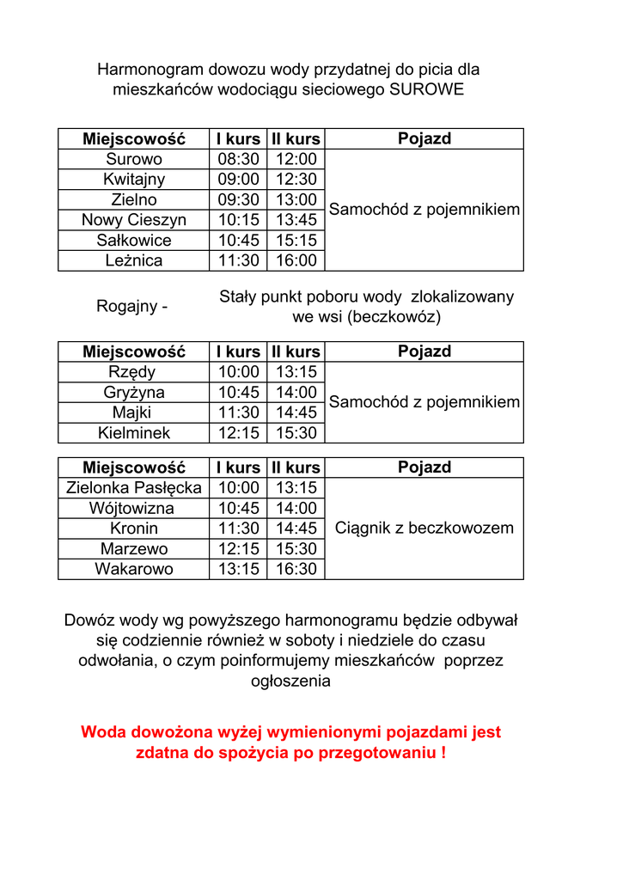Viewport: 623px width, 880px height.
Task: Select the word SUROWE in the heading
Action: (x=426, y=89)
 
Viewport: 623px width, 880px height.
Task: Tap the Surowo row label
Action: (x=134, y=159)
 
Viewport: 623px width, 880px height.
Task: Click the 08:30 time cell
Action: (x=238, y=159)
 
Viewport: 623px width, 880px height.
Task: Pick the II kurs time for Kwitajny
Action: (x=296, y=180)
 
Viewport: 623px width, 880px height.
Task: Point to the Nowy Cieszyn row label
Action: (x=134, y=220)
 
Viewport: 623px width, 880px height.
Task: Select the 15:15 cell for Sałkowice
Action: (x=296, y=241)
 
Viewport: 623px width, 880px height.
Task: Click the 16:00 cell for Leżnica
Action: (x=296, y=260)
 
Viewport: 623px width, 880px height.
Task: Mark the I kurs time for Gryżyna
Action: (x=238, y=393)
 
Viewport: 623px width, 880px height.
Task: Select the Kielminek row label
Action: (x=134, y=433)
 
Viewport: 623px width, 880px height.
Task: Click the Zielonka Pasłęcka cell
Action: (x=134, y=488)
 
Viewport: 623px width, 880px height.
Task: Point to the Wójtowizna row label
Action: (x=134, y=509)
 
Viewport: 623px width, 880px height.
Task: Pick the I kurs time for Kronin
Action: (x=238, y=529)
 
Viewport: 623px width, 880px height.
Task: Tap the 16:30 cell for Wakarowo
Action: (x=296, y=569)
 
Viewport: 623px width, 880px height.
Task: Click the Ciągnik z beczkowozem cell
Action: (x=424, y=529)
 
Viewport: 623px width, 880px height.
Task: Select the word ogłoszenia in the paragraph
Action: (x=290, y=681)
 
